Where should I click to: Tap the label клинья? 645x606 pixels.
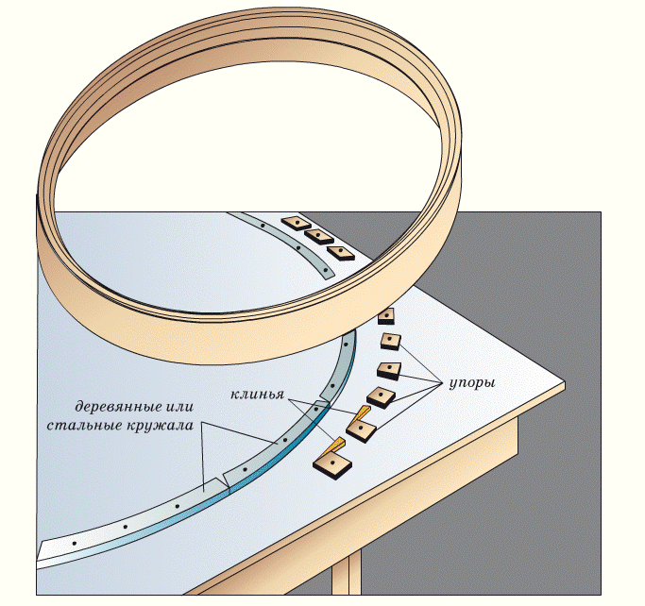[x=258, y=392]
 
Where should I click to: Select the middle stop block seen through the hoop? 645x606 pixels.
[x=318, y=237]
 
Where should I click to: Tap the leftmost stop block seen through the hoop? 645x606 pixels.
[x=297, y=224]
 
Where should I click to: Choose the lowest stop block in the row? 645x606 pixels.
[x=331, y=463]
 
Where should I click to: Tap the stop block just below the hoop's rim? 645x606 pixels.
[x=386, y=317]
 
